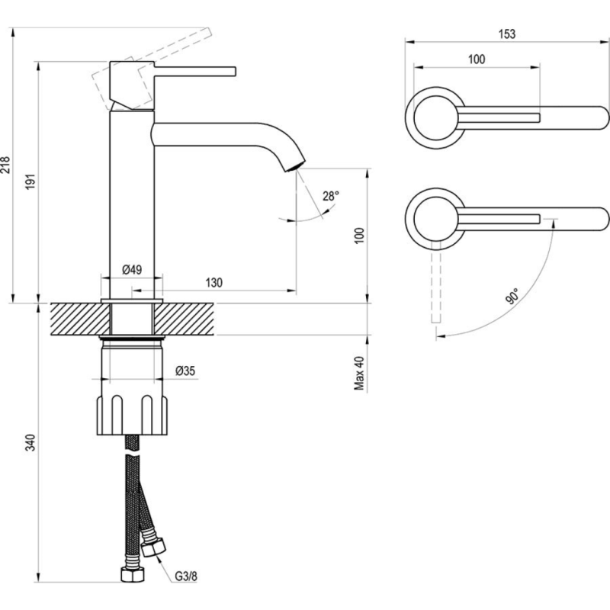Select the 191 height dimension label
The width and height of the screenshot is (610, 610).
(30, 181)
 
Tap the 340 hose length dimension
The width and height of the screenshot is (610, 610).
(30, 442)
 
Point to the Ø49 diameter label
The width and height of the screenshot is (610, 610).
(132, 269)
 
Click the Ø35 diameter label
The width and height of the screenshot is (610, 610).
(185, 371)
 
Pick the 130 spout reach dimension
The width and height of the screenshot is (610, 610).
(214, 282)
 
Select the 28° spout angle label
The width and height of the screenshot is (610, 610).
(331, 196)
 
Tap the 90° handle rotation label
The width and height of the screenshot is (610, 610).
(512, 297)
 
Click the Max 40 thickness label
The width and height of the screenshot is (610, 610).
(359, 373)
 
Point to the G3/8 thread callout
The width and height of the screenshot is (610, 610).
(186, 576)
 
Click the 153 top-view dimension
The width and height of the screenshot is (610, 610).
(507, 34)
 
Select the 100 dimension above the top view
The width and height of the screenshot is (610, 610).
(477, 59)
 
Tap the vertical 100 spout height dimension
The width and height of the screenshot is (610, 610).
(359, 236)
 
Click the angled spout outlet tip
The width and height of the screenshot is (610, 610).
(296, 167)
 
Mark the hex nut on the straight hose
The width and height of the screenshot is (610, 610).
(133, 575)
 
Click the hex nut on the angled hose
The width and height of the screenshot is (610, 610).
(153, 547)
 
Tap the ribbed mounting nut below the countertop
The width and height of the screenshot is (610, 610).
(132, 415)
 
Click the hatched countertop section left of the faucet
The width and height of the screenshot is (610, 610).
(80, 319)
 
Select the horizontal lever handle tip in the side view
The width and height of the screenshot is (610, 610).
(234, 72)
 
